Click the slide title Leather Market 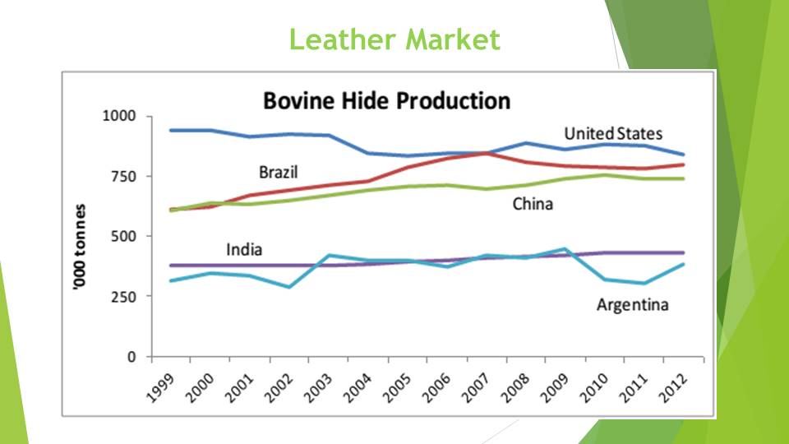(x=394, y=39)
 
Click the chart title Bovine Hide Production (x=386, y=101)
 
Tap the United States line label (x=613, y=133)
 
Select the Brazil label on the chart (x=278, y=173)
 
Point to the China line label (x=533, y=204)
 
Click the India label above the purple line (x=244, y=249)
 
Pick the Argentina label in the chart (x=632, y=305)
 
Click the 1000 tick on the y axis (x=118, y=116)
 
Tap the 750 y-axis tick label (x=123, y=176)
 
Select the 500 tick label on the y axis (x=123, y=236)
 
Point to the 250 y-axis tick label (x=123, y=296)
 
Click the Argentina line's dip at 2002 (x=289, y=287)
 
